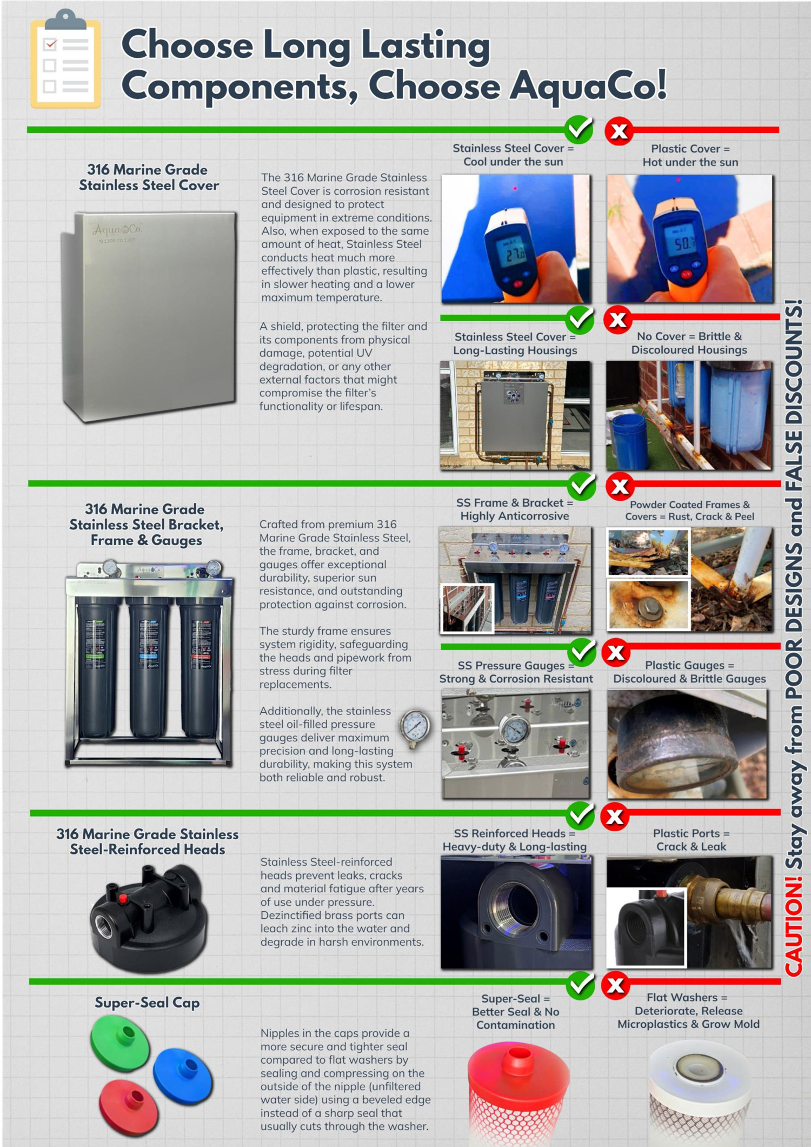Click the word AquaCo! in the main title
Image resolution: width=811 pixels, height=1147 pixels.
[x=588, y=86]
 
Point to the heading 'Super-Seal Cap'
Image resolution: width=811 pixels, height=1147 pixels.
[x=147, y=1003]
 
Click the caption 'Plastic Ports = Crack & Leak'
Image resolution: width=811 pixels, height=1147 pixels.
[x=690, y=840]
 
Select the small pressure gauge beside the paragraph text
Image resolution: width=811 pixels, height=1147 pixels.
[x=415, y=727]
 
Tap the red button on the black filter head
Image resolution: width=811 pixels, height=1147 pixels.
[x=123, y=899]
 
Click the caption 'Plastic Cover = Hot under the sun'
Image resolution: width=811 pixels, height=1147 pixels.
[x=690, y=155]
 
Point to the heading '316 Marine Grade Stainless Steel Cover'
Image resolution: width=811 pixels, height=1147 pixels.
[x=148, y=177]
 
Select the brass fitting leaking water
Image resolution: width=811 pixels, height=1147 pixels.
[x=719, y=901]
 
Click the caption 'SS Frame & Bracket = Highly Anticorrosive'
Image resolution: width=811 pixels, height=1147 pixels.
[x=514, y=509]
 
